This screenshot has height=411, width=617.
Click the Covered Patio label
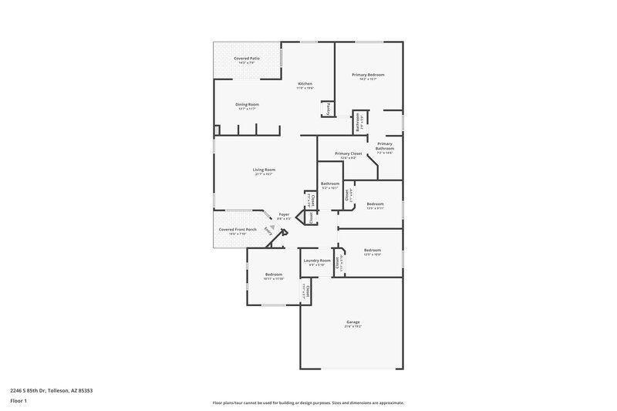click(x=248, y=59)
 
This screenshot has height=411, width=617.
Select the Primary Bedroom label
click(x=368, y=74)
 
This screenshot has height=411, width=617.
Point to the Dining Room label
click(x=247, y=104)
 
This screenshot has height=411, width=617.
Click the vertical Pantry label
click(x=328, y=109)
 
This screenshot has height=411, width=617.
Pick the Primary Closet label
click(x=348, y=153)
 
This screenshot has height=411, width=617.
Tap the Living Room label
click(x=264, y=170)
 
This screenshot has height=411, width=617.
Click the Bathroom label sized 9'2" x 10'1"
click(x=330, y=183)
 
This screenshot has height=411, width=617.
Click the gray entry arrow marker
click(x=272, y=226)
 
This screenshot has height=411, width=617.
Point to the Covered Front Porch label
click(x=238, y=229)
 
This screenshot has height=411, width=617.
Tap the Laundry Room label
click(x=316, y=261)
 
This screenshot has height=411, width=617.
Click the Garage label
click(x=353, y=322)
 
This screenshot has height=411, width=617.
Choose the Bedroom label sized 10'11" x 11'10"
click(x=274, y=275)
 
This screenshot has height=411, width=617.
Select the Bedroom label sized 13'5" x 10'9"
click(x=373, y=250)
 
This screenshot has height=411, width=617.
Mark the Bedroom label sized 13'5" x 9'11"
click(x=376, y=204)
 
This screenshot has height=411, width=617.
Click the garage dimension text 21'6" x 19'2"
click(x=353, y=327)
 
